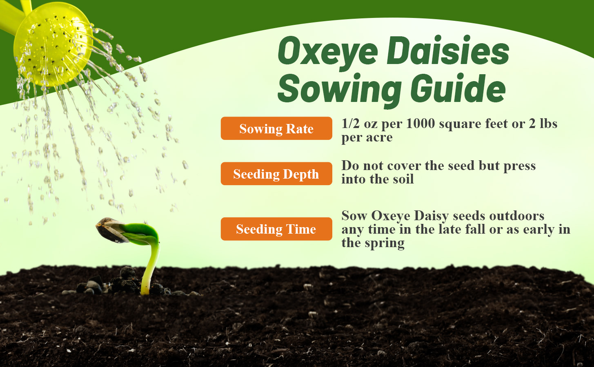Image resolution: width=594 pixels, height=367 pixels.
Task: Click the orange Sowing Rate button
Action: [276, 128]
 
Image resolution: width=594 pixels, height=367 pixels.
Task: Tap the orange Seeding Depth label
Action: [276, 174]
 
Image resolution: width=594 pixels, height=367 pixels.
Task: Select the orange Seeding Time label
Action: [276, 229]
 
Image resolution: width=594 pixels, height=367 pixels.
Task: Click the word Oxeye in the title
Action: [327, 51]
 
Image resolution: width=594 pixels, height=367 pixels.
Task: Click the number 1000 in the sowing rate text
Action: [420, 124]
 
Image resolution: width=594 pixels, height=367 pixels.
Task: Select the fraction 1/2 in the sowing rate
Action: [351, 124]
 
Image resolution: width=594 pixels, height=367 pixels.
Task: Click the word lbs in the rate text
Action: [548, 124]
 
